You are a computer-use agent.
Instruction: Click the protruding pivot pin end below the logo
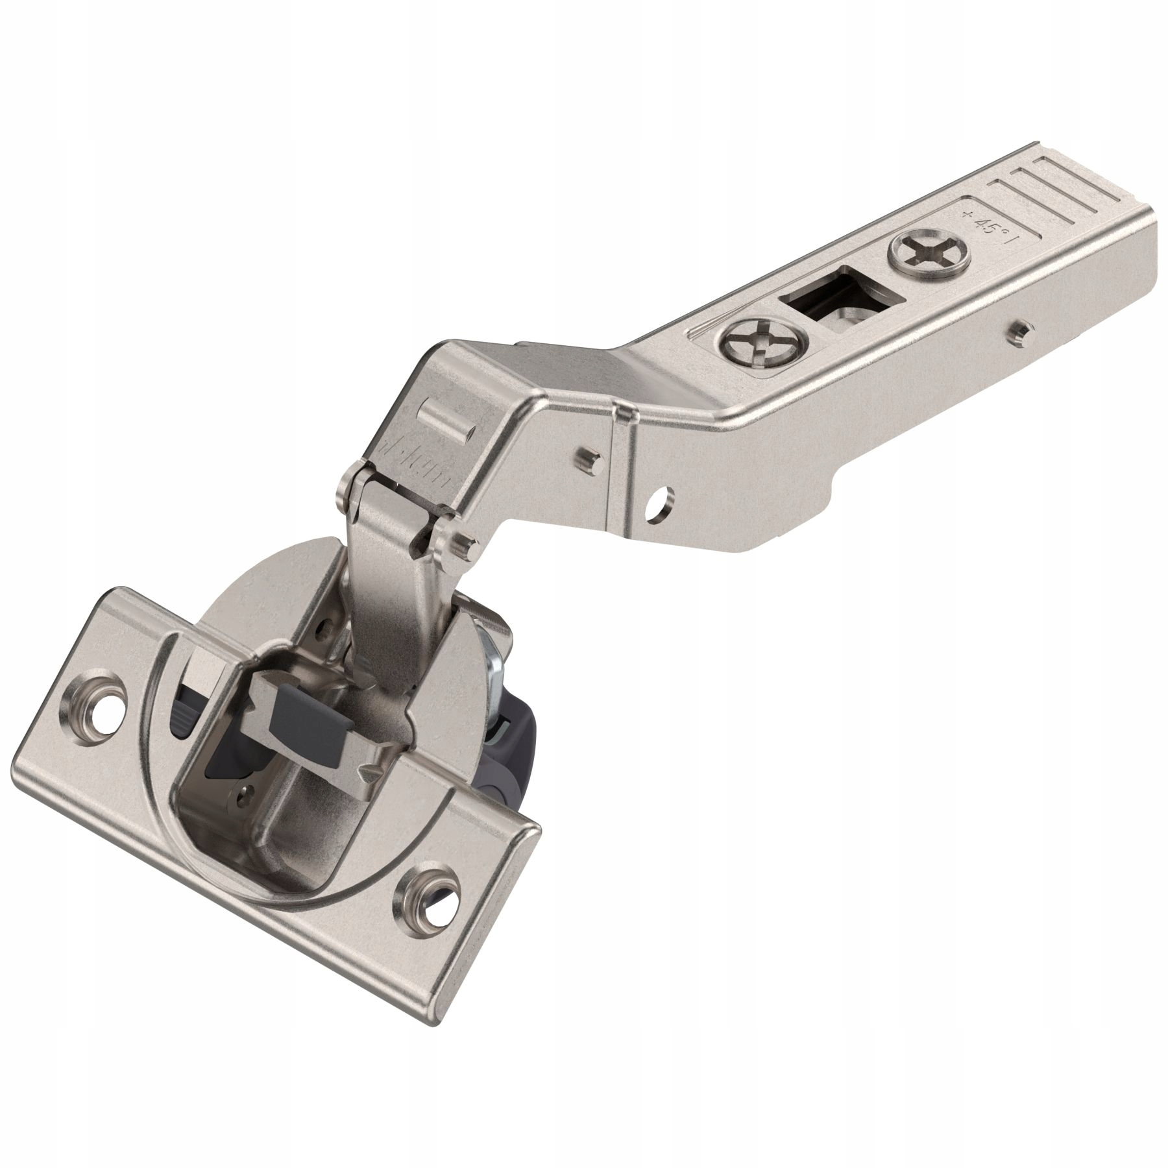coord(463,538)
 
